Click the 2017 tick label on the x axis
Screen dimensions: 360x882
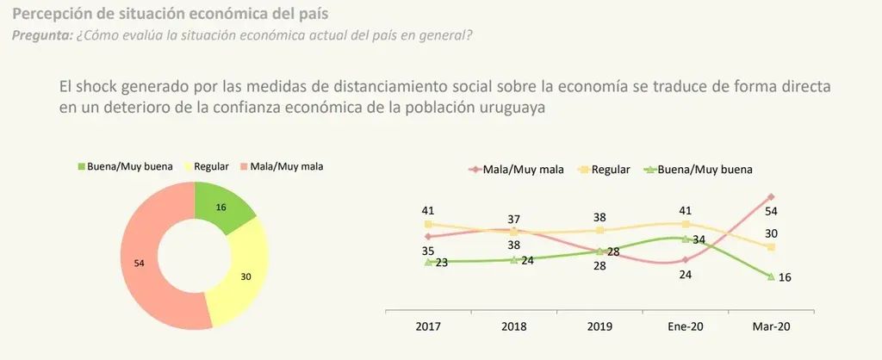pos(428,326)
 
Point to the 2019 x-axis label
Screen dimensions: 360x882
pos(599,326)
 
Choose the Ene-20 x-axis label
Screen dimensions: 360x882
pos(686,326)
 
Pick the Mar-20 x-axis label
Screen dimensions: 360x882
pos(771,326)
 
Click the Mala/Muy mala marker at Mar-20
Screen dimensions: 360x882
pos(771,197)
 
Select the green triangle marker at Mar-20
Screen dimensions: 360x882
pos(771,276)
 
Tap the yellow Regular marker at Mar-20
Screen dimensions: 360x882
pos(771,247)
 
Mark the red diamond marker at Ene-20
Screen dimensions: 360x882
pos(686,259)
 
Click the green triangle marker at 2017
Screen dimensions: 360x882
pos(428,262)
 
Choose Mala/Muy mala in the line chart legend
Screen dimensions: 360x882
pos(524,170)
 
